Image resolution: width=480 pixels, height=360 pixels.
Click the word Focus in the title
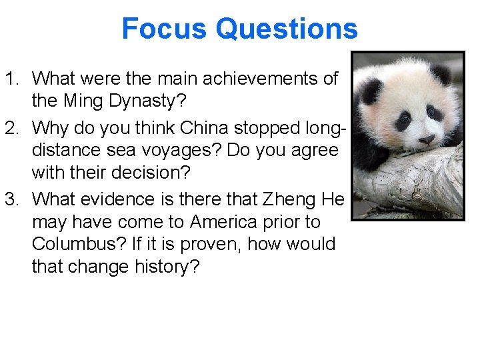[164, 29]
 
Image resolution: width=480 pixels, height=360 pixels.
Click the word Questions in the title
[287, 29]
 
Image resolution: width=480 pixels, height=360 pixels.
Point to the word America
[220, 221]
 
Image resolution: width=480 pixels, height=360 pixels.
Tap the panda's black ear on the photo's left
[371, 88]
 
